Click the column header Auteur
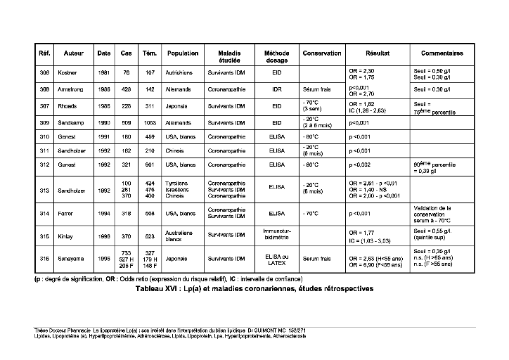tap(74, 53)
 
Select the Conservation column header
tap(321, 53)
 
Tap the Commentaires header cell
tap(442, 53)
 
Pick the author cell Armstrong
tap(74, 90)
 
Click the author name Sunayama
tap(73, 259)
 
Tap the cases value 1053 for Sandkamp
tap(149, 122)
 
